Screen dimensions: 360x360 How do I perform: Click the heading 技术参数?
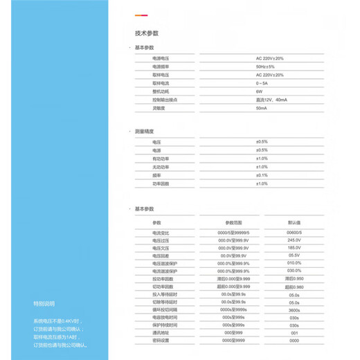coord(147,33)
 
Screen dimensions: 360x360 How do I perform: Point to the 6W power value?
coord(259,91)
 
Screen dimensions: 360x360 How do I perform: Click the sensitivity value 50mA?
coord(262,108)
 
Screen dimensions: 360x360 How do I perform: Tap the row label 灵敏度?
coord(160,108)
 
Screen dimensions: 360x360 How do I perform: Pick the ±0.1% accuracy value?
coord(262,175)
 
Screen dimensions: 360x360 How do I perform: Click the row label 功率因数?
coord(161,183)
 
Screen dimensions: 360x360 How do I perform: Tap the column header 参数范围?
coord(234,222)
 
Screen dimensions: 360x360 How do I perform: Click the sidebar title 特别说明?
coord(43,303)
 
